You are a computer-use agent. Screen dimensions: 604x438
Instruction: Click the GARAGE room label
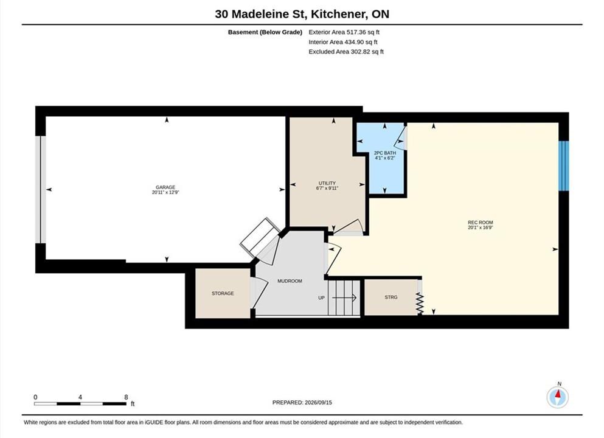165,187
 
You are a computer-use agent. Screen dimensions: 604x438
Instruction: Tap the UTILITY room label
327,183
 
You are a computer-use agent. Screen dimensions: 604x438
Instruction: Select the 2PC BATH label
385,153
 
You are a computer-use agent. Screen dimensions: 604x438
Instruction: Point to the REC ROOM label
481,222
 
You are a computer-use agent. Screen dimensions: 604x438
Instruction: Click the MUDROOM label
290,281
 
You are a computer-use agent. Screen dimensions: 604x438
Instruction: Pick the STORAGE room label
223,294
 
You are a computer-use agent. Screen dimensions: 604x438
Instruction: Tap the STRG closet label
391,297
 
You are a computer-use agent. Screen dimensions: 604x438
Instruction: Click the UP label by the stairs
321,297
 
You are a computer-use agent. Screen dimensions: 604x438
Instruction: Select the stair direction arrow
344,297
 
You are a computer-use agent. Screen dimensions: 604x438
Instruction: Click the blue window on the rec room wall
564,165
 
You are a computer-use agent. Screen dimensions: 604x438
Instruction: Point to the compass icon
557,397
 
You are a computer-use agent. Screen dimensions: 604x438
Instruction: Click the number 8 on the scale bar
126,397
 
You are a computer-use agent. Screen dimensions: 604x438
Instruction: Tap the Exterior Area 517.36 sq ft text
344,32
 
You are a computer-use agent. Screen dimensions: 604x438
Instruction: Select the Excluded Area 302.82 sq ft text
346,52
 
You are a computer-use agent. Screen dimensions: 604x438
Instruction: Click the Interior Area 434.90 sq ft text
343,42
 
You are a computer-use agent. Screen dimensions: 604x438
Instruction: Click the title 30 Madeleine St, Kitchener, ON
302,14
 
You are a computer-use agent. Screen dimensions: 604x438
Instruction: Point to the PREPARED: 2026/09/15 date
302,403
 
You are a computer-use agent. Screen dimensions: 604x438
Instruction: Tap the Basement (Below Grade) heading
265,32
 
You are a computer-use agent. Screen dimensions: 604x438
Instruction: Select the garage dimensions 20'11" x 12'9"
165,192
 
